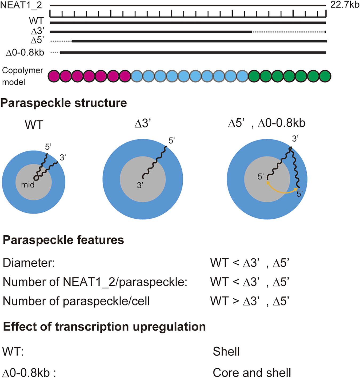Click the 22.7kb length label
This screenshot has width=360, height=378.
pyautogui.click(x=345, y=5)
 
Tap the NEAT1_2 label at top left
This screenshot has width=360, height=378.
pyautogui.click(x=21, y=5)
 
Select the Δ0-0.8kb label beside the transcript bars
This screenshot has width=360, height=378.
pyautogui.click(x=25, y=53)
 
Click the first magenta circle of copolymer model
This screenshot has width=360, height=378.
pyautogui.click(x=54, y=76)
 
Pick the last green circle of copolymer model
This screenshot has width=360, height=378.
pyautogui.click(x=325, y=76)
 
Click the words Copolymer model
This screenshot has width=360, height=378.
pyautogui.click(x=22, y=76)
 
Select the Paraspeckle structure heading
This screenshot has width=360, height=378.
pyautogui.click(x=63, y=103)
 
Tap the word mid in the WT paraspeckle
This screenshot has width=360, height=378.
pyautogui.click(x=28, y=185)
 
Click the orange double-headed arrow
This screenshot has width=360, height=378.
pyautogui.click(x=283, y=190)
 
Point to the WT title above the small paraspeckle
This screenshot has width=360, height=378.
pyautogui.click(x=34, y=125)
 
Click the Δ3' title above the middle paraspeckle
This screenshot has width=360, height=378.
pyautogui.click(x=143, y=124)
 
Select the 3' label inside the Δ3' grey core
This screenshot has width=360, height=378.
pyautogui.click(x=140, y=185)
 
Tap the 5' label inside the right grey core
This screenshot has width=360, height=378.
pyautogui.click(x=261, y=176)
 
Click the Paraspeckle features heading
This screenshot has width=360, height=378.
pyautogui.click(x=63, y=240)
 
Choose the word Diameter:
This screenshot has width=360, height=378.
pyautogui.click(x=29, y=263)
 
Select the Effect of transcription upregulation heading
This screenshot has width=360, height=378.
pyautogui.click(x=104, y=327)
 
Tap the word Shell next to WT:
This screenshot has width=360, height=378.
pyautogui.click(x=226, y=352)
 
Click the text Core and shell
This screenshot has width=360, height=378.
pyautogui.click(x=252, y=372)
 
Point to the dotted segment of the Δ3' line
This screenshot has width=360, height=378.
pyautogui.click(x=289, y=32)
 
